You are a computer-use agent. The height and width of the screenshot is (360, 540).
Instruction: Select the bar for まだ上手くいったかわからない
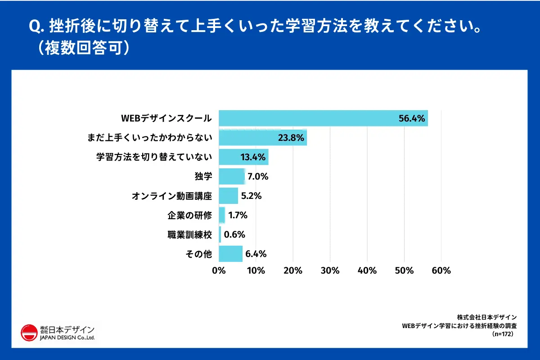point(263,138)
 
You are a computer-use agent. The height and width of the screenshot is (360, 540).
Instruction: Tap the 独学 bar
point(232,176)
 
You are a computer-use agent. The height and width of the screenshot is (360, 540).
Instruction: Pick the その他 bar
point(230,253)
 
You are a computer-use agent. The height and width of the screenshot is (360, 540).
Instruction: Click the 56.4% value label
point(412,118)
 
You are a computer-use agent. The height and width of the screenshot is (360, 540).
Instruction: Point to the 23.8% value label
point(292,138)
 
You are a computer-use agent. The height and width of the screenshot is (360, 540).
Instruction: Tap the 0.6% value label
point(234,234)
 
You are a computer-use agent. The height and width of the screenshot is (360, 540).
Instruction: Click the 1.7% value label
point(238,215)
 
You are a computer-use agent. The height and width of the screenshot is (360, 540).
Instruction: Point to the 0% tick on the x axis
point(219,270)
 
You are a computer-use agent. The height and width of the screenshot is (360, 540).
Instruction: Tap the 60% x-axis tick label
point(441,270)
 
